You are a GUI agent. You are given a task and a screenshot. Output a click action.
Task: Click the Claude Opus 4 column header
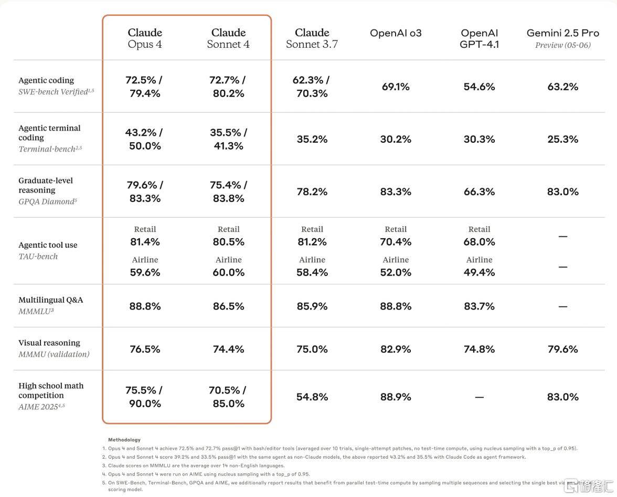(x=145, y=38)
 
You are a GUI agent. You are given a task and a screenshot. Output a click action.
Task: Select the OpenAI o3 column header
(x=396, y=33)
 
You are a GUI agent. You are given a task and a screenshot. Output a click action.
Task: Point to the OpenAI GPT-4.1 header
(x=480, y=38)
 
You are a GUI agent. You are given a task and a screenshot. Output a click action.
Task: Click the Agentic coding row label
(x=46, y=80)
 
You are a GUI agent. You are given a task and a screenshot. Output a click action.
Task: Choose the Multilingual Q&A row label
(x=51, y=300)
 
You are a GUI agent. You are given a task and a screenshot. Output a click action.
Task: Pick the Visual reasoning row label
(x=49, y=343)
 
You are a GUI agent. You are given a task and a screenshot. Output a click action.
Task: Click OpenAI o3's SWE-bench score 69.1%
(x=396, y=87)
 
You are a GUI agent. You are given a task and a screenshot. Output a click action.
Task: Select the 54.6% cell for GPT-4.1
(x=480, y=87)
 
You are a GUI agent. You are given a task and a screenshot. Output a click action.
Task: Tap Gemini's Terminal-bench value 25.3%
(x=562, y=139)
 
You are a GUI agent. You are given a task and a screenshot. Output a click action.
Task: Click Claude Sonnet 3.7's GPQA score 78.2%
(x=312, y=192)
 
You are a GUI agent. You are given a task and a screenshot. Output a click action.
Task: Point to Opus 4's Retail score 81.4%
(x=145, y=241)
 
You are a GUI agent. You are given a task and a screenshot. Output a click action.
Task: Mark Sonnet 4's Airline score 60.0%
(x=229, y=272)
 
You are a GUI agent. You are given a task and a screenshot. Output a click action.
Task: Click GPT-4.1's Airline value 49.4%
(x=480, y=272)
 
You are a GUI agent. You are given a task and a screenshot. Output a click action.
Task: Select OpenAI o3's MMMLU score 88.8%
(x=396, y=306)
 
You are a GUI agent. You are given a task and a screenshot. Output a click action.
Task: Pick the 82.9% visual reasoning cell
(x=396, y=349)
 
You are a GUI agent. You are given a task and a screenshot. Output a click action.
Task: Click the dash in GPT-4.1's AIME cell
(x=480, y=397)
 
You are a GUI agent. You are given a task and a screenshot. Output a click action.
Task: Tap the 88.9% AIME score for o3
(x=396, y=397)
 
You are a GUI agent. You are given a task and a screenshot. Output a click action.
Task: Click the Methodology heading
(x=124, y=440)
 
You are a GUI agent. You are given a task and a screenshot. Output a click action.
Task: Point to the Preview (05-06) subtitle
(x=562, y=45)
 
